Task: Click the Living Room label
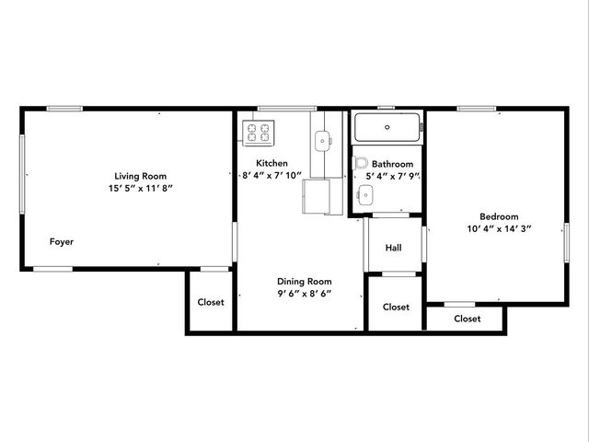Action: coord(141,176)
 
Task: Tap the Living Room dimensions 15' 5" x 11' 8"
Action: coord(141,188)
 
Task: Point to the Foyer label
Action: coord(62,242)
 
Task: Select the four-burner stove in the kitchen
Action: coord(259,134)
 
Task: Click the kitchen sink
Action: coord(323,141)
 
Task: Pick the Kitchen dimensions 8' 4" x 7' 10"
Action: coord(272,175)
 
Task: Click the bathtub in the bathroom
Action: coord(387,126)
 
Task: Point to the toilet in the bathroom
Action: coord(359,162)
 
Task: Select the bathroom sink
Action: coord(366,194)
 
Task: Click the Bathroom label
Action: coord(393,163)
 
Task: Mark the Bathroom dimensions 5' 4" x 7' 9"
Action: coord(393,175)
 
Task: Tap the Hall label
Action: coord(393,248)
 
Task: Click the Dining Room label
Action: coord(305,282)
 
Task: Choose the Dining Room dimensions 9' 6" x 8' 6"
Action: coord(305,294)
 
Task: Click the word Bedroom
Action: coord(499,216)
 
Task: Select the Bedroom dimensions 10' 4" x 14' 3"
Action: coord(499,228)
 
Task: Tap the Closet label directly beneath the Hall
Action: coord(396,308)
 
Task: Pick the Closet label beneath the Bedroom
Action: coord(467,319)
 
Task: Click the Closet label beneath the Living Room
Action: coord(211,302)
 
